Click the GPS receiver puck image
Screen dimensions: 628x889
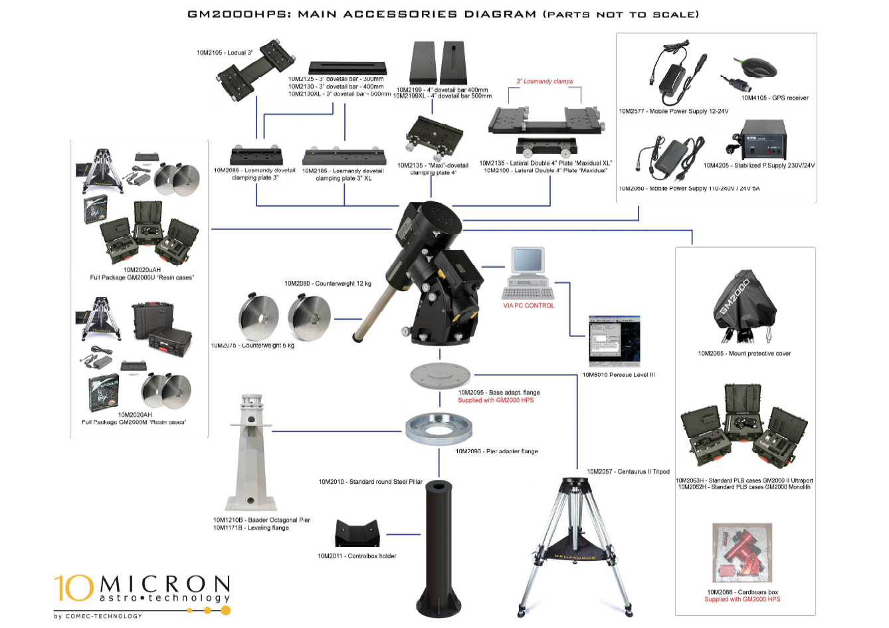[758, 68]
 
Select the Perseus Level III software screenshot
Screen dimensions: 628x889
[614, 340]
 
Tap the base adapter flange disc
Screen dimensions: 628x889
[440, 375]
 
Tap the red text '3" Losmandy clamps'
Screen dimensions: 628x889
[544, 81]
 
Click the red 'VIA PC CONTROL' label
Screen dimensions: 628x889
[528, 306]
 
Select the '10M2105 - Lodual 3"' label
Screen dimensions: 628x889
[225, 52]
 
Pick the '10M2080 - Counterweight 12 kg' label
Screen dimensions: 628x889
[328, 284]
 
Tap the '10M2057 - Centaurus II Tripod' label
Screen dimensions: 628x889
[628, 472]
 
